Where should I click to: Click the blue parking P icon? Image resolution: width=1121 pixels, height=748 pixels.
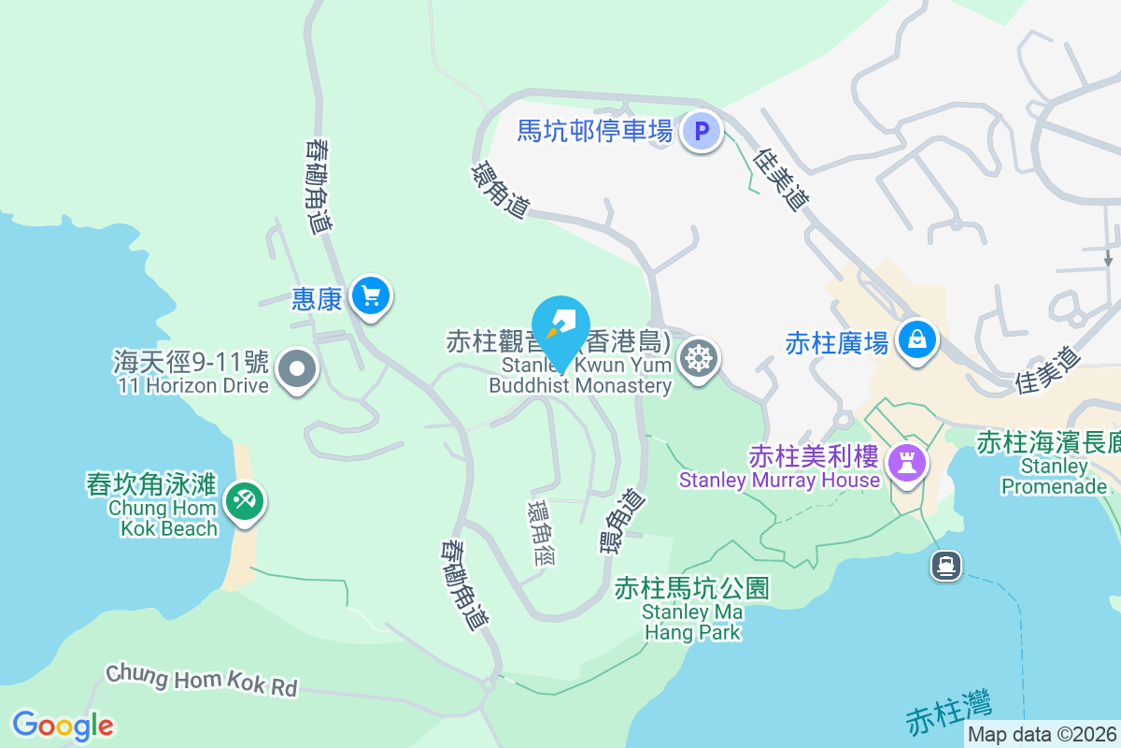coord(702,130)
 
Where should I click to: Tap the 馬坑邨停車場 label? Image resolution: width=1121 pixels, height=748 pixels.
coord(595,130)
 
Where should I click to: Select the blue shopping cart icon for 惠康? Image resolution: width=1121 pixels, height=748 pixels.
coord(372,297)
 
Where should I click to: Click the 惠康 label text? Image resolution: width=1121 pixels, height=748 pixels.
coord(317,298)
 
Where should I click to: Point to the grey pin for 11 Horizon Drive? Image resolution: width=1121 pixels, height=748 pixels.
coord(297,369)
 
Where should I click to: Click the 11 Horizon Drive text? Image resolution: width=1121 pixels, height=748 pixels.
coord(193,385)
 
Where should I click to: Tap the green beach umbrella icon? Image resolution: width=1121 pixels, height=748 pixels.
coord(245,502)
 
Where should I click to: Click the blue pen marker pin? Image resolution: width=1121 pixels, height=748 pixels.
coord(561,326)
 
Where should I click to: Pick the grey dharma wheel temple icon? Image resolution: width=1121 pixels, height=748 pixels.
coord(698,357)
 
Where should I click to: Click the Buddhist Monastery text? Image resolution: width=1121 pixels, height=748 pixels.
coord(580,385)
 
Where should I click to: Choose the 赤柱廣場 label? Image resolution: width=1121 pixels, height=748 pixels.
coord(836,343)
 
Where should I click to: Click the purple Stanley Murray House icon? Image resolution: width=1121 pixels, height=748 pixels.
coord(906,463)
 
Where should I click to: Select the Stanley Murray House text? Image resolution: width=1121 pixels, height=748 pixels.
coord(779,481)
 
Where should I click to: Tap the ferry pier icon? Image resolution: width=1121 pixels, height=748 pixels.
coord(946,564)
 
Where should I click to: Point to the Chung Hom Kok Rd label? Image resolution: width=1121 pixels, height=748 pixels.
coord(201,680)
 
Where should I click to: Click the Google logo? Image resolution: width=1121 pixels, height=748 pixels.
coord(63,726)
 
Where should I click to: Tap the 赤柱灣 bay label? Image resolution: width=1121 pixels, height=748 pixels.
coord(949,712)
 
